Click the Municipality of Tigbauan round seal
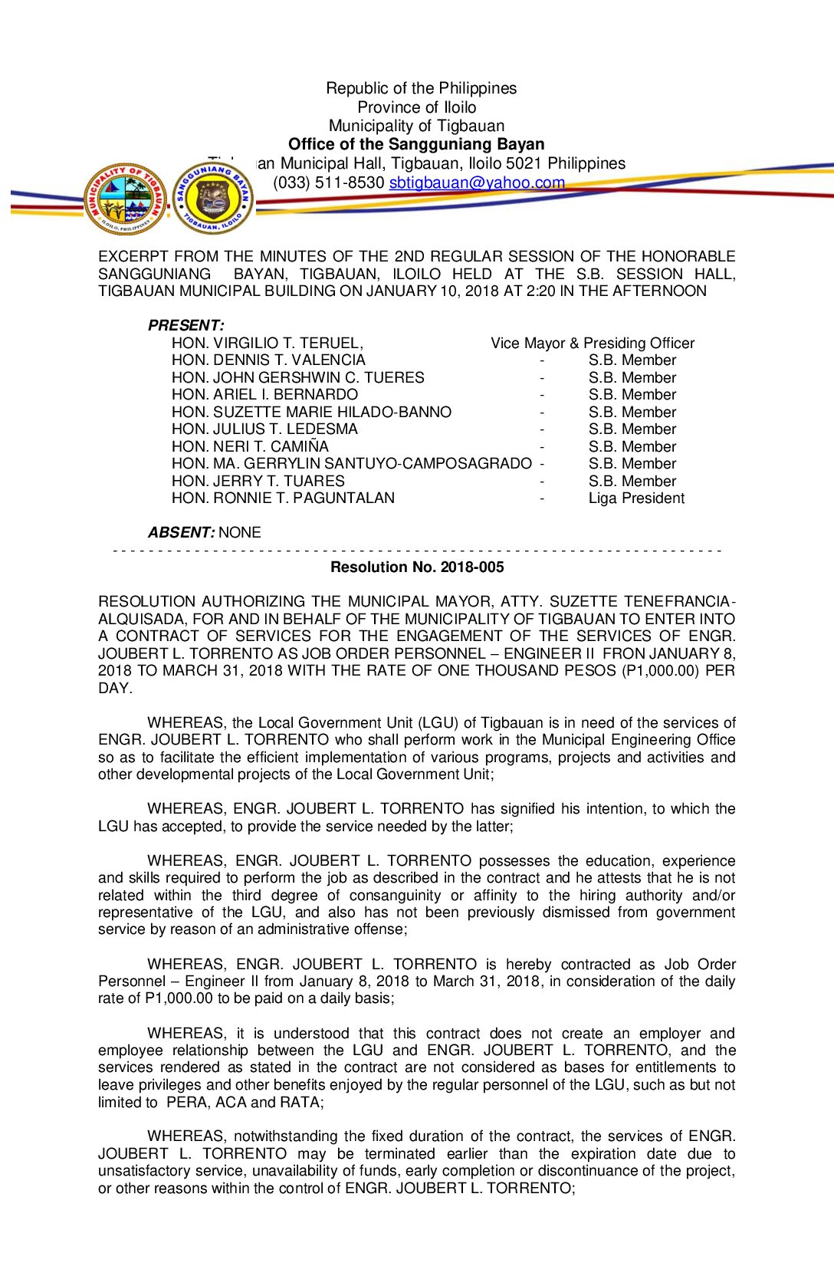point(125,199)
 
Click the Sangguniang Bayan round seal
point(212,199)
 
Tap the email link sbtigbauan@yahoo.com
point(477,183)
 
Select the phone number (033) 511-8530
point(328,183)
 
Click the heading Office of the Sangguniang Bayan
point(416,144)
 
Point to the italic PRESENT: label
point(186,325)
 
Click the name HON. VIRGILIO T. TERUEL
point(267,343)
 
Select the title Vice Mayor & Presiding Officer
point(593,343)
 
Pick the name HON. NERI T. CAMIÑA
point(250,446)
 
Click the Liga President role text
point(636,498)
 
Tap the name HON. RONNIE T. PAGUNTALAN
point(283,498)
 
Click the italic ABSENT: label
point(181,532)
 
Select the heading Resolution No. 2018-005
point(417,567)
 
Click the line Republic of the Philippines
point(421,88)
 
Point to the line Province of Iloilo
point(416,107)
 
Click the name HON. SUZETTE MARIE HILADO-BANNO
point(311,412)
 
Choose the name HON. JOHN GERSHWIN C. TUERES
point(297,377)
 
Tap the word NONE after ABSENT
point(240,532)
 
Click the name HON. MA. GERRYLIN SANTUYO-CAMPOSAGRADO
point(351,464)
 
